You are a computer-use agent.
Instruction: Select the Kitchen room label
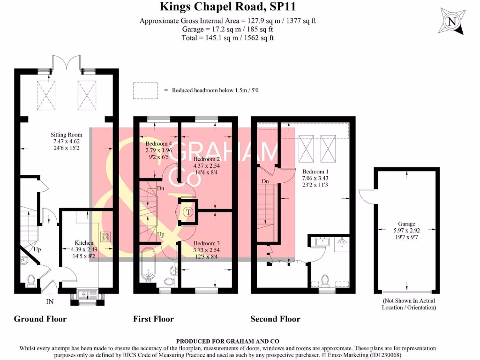[84, 242]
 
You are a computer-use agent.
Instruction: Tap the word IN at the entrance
[50, 302]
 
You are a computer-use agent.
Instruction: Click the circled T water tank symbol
[188, 211]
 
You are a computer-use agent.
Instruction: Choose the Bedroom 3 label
[206, 244]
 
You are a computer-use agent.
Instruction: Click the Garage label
[405, 224]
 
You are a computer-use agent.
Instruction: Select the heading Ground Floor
[40, 319]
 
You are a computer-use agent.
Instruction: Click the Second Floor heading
[275, 319]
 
